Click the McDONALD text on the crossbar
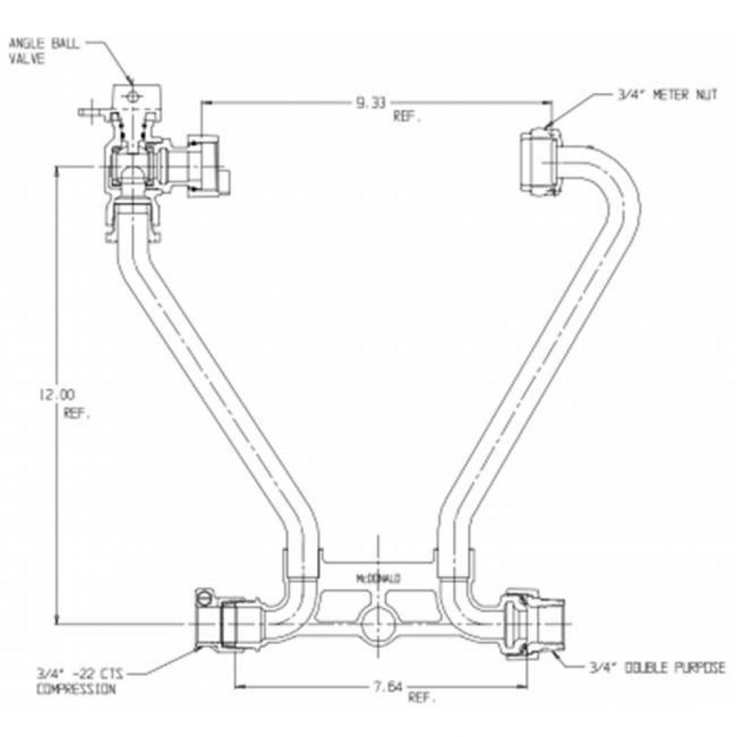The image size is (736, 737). coord(378,579)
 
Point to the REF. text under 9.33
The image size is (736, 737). coord(408,118)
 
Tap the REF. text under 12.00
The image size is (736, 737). coord(77,413)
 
